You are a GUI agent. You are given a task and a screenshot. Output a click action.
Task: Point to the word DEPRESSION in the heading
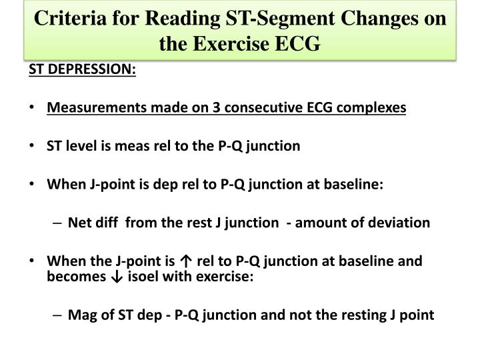(x=95, y=70)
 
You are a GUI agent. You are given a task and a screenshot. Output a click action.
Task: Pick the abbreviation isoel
(x=131, y=277)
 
